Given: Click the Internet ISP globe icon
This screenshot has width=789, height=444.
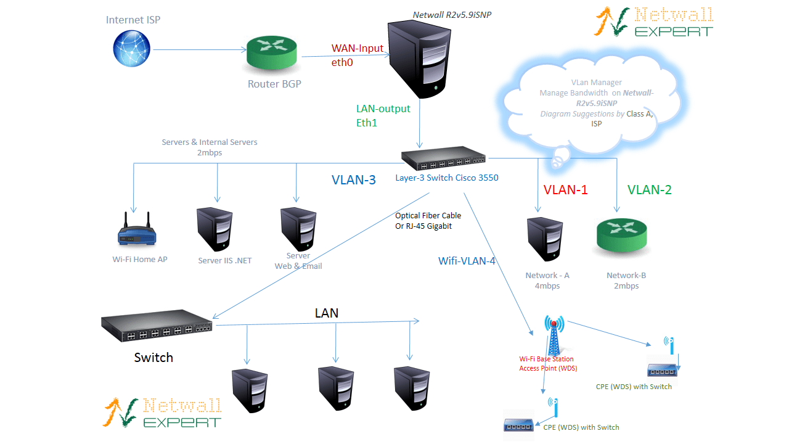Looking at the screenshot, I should [131, 49].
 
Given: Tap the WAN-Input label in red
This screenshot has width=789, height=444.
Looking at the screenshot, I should [358, 48].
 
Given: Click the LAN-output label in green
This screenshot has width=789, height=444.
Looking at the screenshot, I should [383, 109].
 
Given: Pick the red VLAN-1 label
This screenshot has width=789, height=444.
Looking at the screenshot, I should [565, 190].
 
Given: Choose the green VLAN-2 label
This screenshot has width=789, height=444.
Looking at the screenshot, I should [649, 190].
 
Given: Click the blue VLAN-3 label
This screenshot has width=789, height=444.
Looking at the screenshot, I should [354, 180].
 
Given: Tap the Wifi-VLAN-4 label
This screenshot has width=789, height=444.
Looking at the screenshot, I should [467, 261].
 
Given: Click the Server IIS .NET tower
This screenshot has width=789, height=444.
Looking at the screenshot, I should [215, 229].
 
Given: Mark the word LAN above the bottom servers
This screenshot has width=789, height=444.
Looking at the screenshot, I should [327, 313].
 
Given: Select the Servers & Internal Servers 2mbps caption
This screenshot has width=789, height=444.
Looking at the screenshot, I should [210, 147].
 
